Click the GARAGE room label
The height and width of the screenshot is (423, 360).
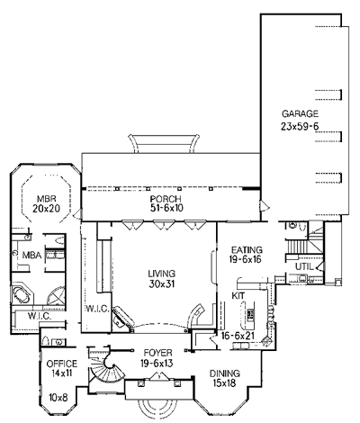300,114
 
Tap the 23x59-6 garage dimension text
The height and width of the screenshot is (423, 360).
300,127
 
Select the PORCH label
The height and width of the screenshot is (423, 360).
166,199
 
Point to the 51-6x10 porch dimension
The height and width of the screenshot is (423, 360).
166,208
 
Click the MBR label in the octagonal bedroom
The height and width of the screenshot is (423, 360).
47,199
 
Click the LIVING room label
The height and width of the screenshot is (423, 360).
162,274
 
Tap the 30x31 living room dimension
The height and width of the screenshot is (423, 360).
162,283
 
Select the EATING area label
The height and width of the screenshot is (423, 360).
247,249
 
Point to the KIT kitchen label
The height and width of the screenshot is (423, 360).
238,295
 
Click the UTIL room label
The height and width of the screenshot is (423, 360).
304,266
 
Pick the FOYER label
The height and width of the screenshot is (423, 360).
157,353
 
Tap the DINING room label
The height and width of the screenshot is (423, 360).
225,373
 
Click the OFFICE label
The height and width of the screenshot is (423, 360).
62,364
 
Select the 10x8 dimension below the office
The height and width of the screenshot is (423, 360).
58,398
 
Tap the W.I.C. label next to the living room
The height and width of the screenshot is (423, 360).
97,309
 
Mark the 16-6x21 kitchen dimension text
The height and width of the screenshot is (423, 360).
238,336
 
